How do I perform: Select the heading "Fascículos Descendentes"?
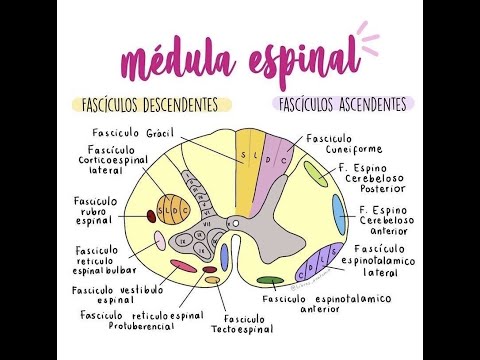click(x=151, y=103)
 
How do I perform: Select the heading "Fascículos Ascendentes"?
click(x=343, y=103)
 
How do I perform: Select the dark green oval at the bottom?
click(x=268, y=281)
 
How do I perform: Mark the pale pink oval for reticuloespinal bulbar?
click(x=159, y=240)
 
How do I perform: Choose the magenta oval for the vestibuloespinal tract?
click(x=183, y=266)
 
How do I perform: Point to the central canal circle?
click(x=232, y=223)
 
